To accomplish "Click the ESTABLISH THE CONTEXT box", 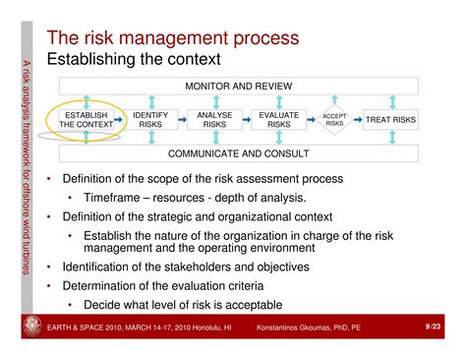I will pos(83,120).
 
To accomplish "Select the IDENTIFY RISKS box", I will pos(150,120).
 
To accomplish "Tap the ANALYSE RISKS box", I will pos(214,120).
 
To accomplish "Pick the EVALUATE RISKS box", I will pos(279,120).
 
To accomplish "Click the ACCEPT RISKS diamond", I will pos(334,120).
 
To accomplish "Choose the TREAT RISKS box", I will pos(390,120).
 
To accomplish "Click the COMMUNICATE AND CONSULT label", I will pos(238,153).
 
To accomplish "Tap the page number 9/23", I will pos(433,326).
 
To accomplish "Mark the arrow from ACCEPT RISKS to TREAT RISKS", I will pos(358,120).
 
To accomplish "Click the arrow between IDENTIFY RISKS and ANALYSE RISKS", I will pos(182,120).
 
